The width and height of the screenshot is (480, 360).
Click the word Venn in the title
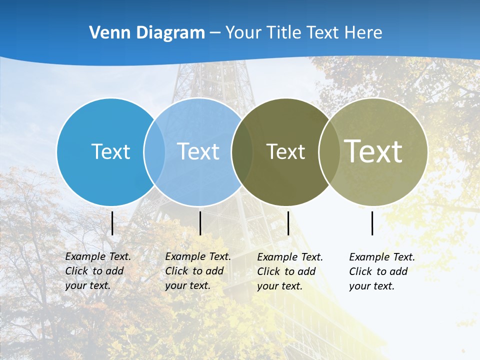pyautogui.click(x=105, y=33)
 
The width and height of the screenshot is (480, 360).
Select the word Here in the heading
pyautogui.click(x=363, y=33)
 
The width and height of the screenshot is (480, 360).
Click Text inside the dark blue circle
pyautogui.click(x=110, y=151)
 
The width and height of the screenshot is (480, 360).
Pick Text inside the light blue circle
pyautogui.click(x=198, y=151)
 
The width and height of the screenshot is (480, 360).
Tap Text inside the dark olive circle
pyautogui.click(x=285, y=151)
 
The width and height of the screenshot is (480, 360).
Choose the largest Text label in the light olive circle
pyautogui.click(x=373, y=150)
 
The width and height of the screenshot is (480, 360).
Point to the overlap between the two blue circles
pyautogui.click(x=154, y=151)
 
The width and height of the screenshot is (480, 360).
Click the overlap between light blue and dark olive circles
pyautogui.click(x=241, y=151)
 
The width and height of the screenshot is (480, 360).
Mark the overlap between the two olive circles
pyautogui.click(x=328, y=151)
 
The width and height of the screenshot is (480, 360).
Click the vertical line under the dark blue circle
pyautogui.click(x=112, y=223)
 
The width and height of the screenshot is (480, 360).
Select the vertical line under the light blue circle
pyautogui.click(x=200, y=223)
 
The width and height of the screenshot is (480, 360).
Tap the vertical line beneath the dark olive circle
pyautogui.click(x=288, y=223)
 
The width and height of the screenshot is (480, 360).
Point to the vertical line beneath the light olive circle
pyautogui.click(x=372, y=223)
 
